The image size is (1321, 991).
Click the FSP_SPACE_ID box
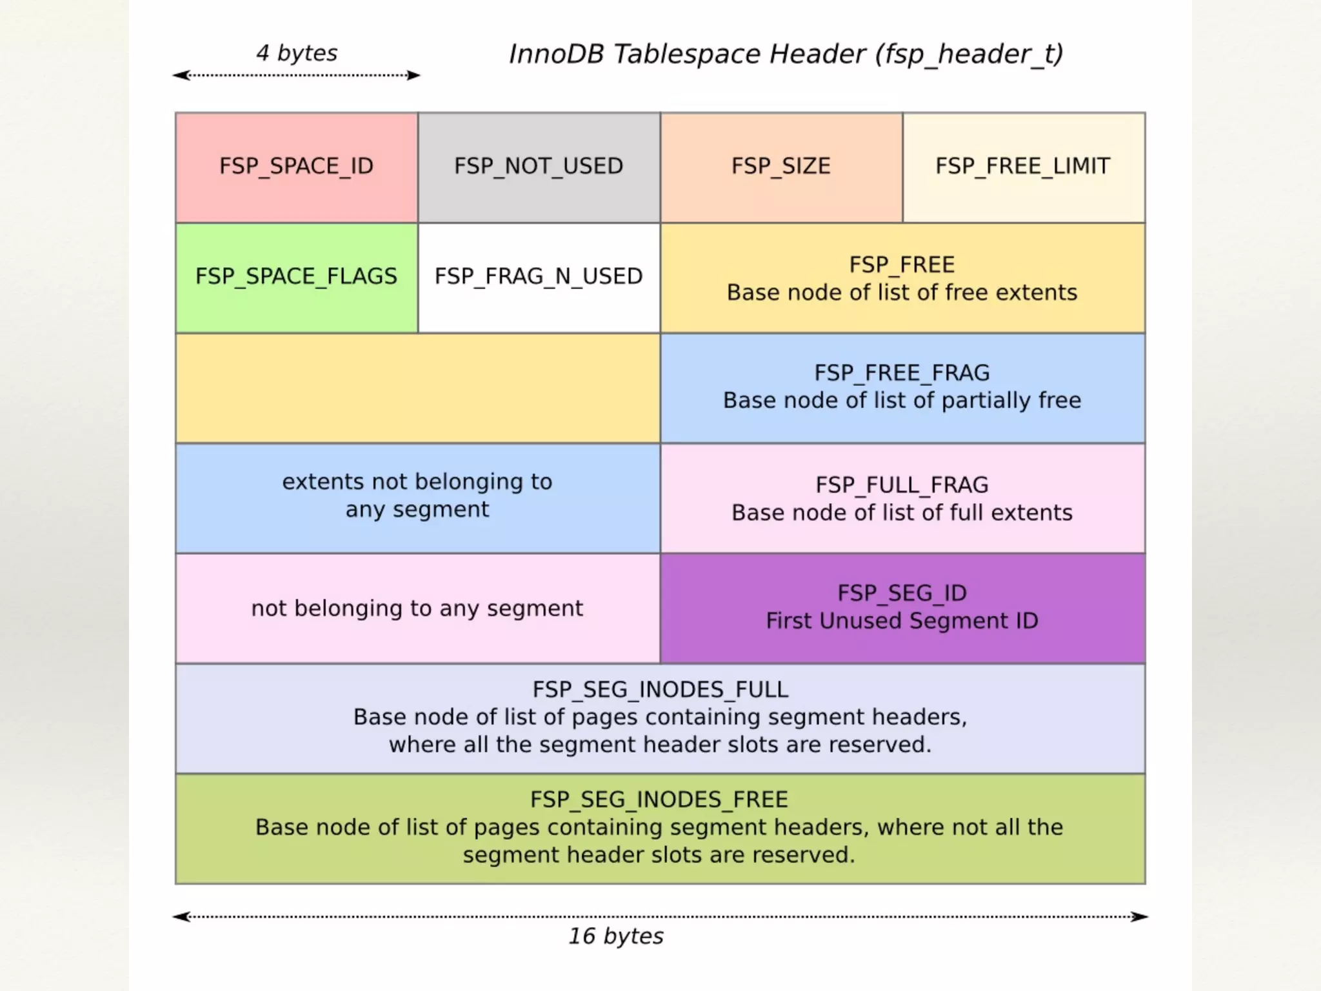296,166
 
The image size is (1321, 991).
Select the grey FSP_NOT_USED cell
539,166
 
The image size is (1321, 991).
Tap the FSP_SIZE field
780,166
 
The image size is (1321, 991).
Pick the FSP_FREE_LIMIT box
1023,166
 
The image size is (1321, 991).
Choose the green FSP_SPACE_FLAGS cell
296,277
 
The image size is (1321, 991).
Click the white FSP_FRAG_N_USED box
539,277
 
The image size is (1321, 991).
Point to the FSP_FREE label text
902,265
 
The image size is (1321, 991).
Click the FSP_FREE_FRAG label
902,373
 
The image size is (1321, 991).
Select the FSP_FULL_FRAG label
902,485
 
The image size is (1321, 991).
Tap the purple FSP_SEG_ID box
902,607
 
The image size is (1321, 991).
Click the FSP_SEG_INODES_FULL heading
660,690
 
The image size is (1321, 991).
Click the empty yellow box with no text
417,388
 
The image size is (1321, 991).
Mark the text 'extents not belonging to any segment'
417,495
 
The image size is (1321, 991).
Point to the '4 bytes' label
297,53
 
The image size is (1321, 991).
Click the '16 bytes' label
615,936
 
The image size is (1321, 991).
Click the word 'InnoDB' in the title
557,54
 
